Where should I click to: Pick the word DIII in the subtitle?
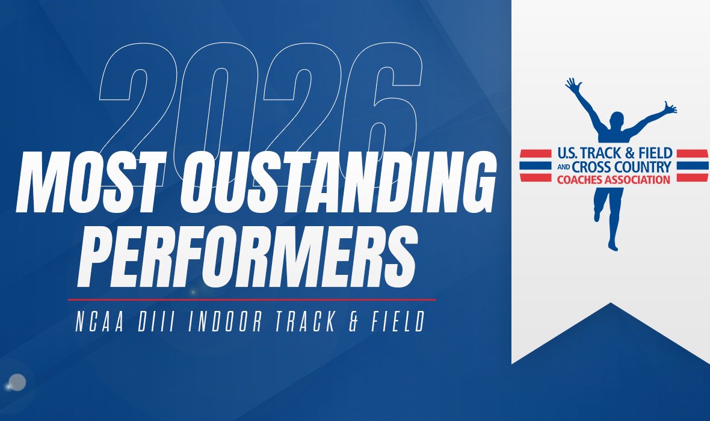coord(157,323)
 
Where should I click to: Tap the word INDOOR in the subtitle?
coord(226,323)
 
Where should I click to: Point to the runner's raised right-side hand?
coord(670,108)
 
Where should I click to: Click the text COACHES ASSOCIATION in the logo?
coord(614,179)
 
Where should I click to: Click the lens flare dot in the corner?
coord(17,382)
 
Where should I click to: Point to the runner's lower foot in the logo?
coord(613,245)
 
